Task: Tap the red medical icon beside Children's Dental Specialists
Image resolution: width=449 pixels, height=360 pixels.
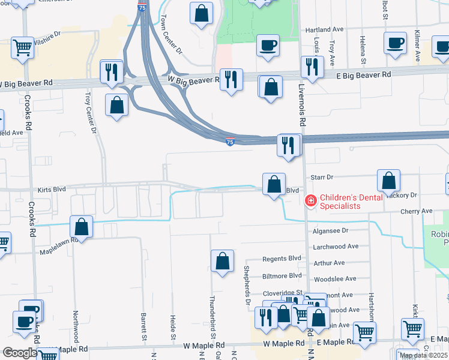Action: pyautogui.click(x=311, y=200)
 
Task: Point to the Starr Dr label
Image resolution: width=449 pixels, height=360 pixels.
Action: pyautogui.click(x=322, y=178)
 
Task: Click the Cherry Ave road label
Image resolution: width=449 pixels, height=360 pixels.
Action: pyautogui.click(x=418, y=211)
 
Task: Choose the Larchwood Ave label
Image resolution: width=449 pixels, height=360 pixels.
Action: pyautogui.click(x=336, y=246)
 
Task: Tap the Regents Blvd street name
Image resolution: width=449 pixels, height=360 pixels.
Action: pyautogui.click(x=282, y=259)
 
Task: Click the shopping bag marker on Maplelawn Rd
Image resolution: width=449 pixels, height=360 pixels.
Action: pyautogui.click(x=81, y=227)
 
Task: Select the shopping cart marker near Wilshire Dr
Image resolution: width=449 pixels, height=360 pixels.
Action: pyautogui.click(x=22, y=47)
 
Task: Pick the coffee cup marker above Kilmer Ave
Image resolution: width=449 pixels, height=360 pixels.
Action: pyautogui.click(x=394, y=43)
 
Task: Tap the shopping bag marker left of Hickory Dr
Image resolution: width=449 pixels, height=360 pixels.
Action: pyautogui.click(x=389, y=180)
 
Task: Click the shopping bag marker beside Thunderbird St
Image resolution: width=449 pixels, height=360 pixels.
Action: pyautogui.click(x=222, y=261)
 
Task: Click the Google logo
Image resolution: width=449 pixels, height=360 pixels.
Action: pyautogui.click(x=20, y=353)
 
